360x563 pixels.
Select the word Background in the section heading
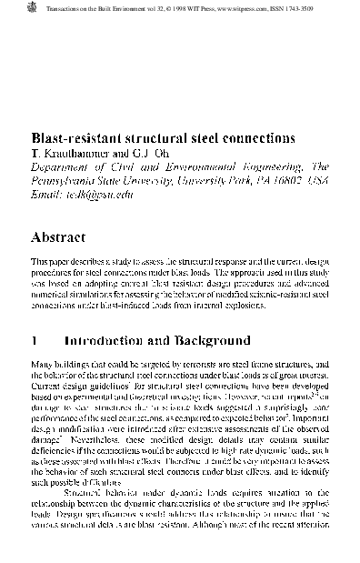[207, 342]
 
